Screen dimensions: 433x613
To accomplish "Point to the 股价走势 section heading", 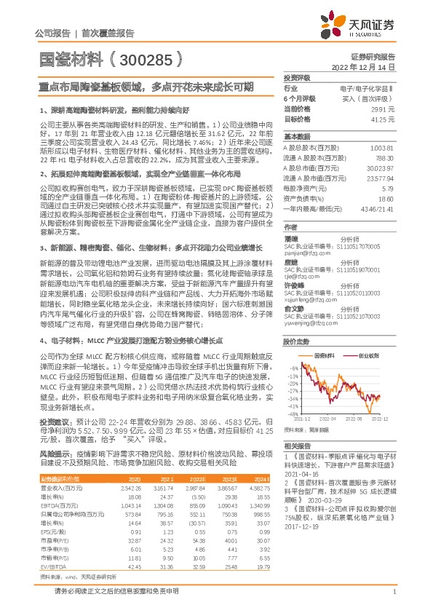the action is (295, 342).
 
